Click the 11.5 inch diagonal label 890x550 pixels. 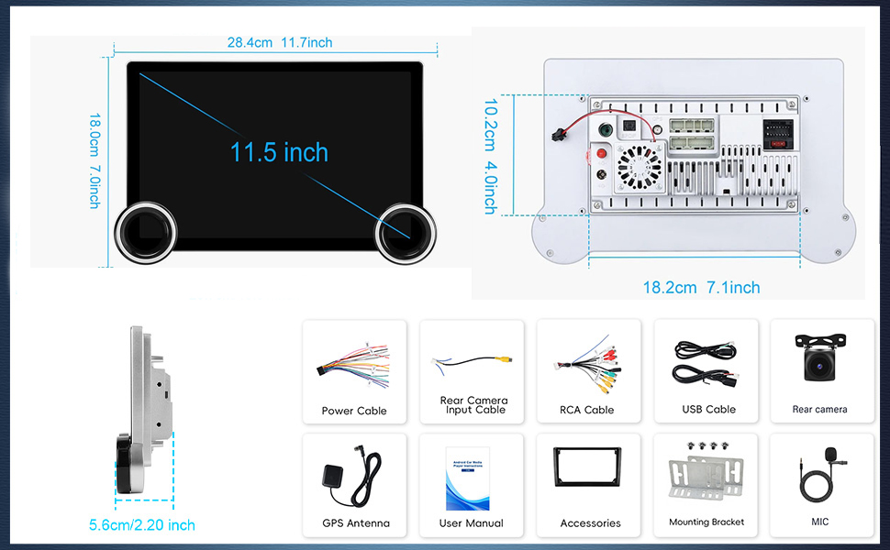[279, 151]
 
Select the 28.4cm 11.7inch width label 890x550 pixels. [280, 42]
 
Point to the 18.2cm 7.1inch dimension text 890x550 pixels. [701, 287]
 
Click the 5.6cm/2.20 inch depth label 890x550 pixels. [141, 525]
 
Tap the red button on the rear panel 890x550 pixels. [604, 153]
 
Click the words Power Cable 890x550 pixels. [354, 411]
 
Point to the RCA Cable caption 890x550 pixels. [586, 410]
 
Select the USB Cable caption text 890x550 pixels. [708, 409]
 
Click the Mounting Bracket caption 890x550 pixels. [706, 522]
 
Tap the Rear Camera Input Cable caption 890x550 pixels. [473, 405]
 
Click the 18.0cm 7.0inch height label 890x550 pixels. [94, 160]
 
